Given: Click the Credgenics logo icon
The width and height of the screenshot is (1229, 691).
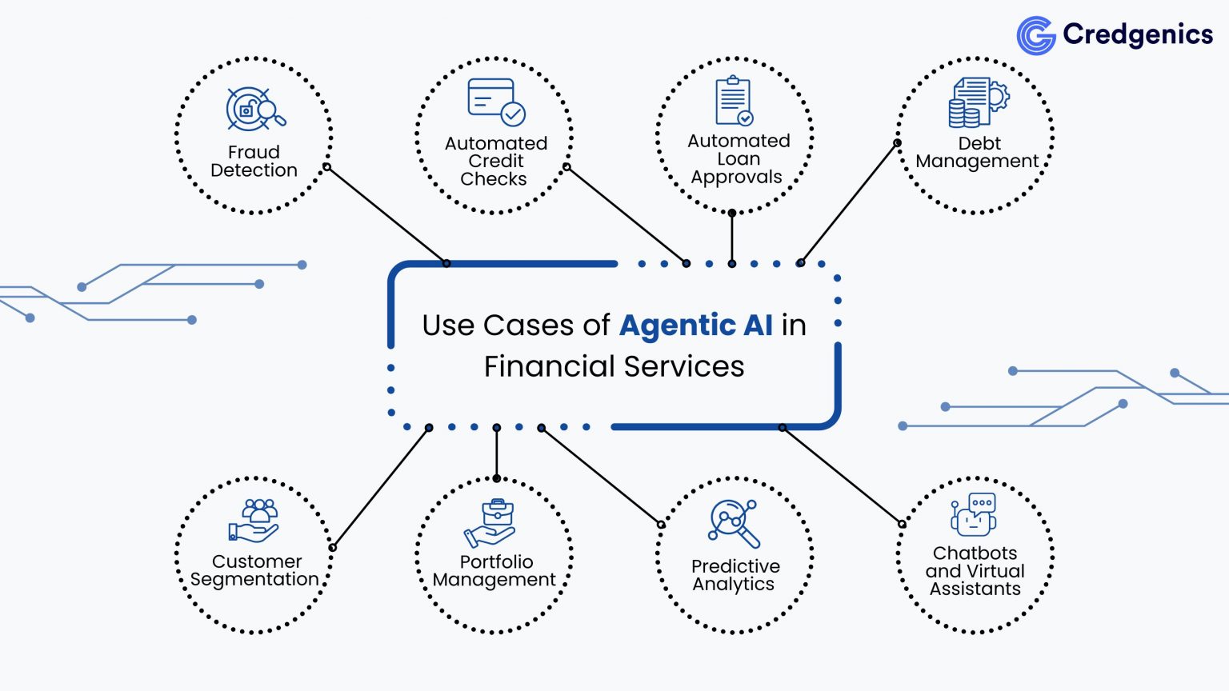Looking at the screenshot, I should point(1036,35).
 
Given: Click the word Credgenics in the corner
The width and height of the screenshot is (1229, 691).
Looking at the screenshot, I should point(1137,34).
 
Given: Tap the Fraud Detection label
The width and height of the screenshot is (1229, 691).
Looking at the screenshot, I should point(254,162).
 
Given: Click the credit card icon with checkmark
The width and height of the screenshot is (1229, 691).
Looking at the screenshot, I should point(495,102).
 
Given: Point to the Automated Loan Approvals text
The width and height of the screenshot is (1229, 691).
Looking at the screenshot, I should point(738,159).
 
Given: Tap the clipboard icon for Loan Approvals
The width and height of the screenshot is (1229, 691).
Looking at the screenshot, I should point(734,101).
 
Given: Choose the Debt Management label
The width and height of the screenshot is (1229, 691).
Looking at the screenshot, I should point(977,153).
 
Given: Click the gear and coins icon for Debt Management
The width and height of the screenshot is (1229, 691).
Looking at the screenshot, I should point(977,102).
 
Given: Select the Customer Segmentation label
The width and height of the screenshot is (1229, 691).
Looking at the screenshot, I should point(254,571).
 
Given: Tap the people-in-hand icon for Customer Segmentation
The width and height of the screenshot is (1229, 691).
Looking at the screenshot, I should point(254,521).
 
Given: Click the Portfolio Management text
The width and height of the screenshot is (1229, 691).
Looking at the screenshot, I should point(494,571).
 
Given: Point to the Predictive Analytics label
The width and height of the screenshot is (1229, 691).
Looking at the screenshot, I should point(735,575).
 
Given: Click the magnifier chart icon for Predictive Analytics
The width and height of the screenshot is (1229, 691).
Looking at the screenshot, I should point(733,522).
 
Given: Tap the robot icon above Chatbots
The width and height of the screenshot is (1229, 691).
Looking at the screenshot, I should point(973,514).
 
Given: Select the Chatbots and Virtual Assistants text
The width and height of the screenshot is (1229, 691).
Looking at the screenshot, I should point(975,571).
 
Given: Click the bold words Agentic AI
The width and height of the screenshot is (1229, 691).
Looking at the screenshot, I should point(696,326).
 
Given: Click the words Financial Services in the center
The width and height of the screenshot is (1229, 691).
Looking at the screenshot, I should point(614,367).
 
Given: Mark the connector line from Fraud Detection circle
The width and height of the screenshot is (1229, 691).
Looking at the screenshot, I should point(386,215).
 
